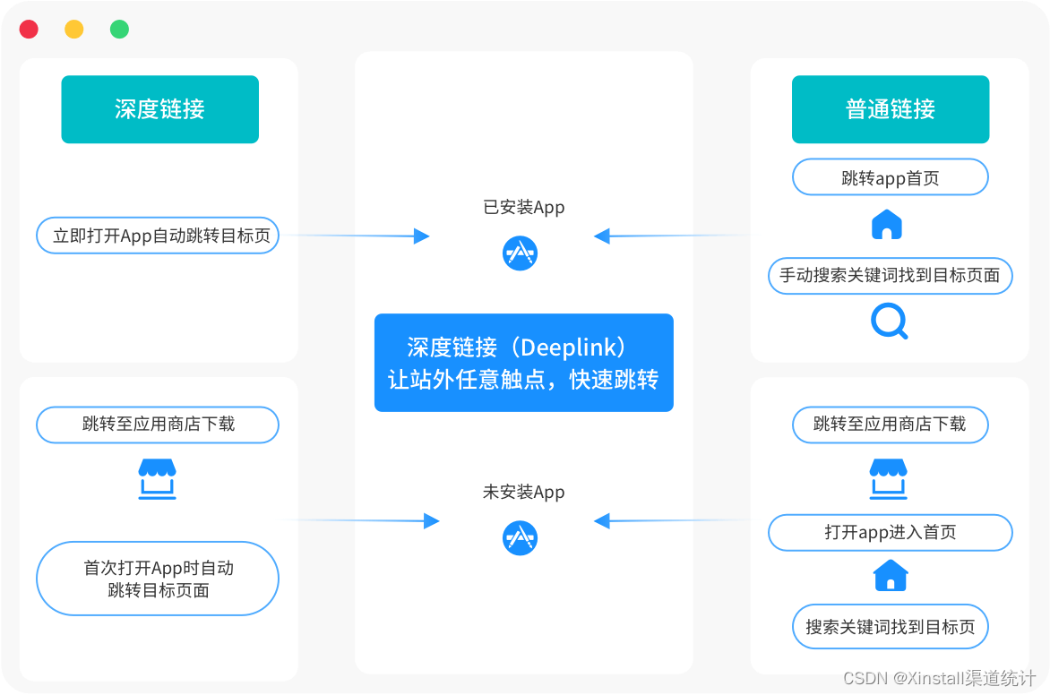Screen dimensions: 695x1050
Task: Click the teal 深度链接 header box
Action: (159, 109)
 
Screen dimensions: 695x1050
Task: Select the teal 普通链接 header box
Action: (890, 109)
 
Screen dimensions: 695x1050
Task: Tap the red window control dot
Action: (29, 30)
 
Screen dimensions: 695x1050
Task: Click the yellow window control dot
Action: (74, 30)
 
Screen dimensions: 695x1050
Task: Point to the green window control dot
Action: (119, 30)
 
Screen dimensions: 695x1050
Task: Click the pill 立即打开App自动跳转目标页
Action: (158, 236)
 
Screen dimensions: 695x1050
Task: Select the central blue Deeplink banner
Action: (523, 363)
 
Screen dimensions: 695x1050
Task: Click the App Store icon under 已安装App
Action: (520, 253)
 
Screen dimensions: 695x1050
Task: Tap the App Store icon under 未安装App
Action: (520, 537)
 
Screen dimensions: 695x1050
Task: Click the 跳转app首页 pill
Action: (890, 177)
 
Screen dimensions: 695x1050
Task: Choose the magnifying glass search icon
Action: (889, 321)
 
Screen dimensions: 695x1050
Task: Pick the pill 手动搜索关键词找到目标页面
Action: (890, 276)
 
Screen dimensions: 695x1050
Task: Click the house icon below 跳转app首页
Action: (887, 225)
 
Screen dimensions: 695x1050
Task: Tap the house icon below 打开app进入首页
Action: (891, 575)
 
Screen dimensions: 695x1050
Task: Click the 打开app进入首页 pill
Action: (890, 532)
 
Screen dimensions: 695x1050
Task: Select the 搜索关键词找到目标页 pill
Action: (890, 627)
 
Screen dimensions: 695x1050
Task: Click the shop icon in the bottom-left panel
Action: (158, 479)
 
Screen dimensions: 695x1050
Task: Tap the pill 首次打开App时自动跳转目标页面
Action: (158, 579)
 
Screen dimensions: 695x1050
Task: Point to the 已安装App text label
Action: (523, 208)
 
